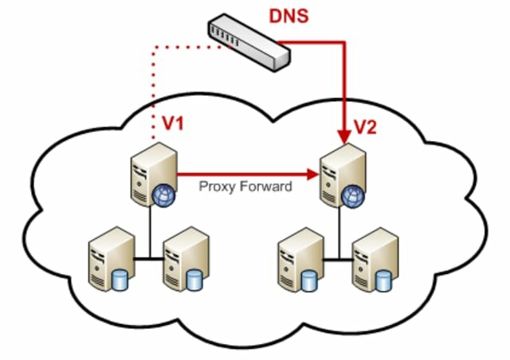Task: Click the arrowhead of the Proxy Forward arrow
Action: click(x=312, y=171)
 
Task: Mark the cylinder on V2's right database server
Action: click(x=383, y=281)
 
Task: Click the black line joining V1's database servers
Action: click(x=147, y=256)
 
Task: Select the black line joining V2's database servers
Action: click(x=335, y=257)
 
